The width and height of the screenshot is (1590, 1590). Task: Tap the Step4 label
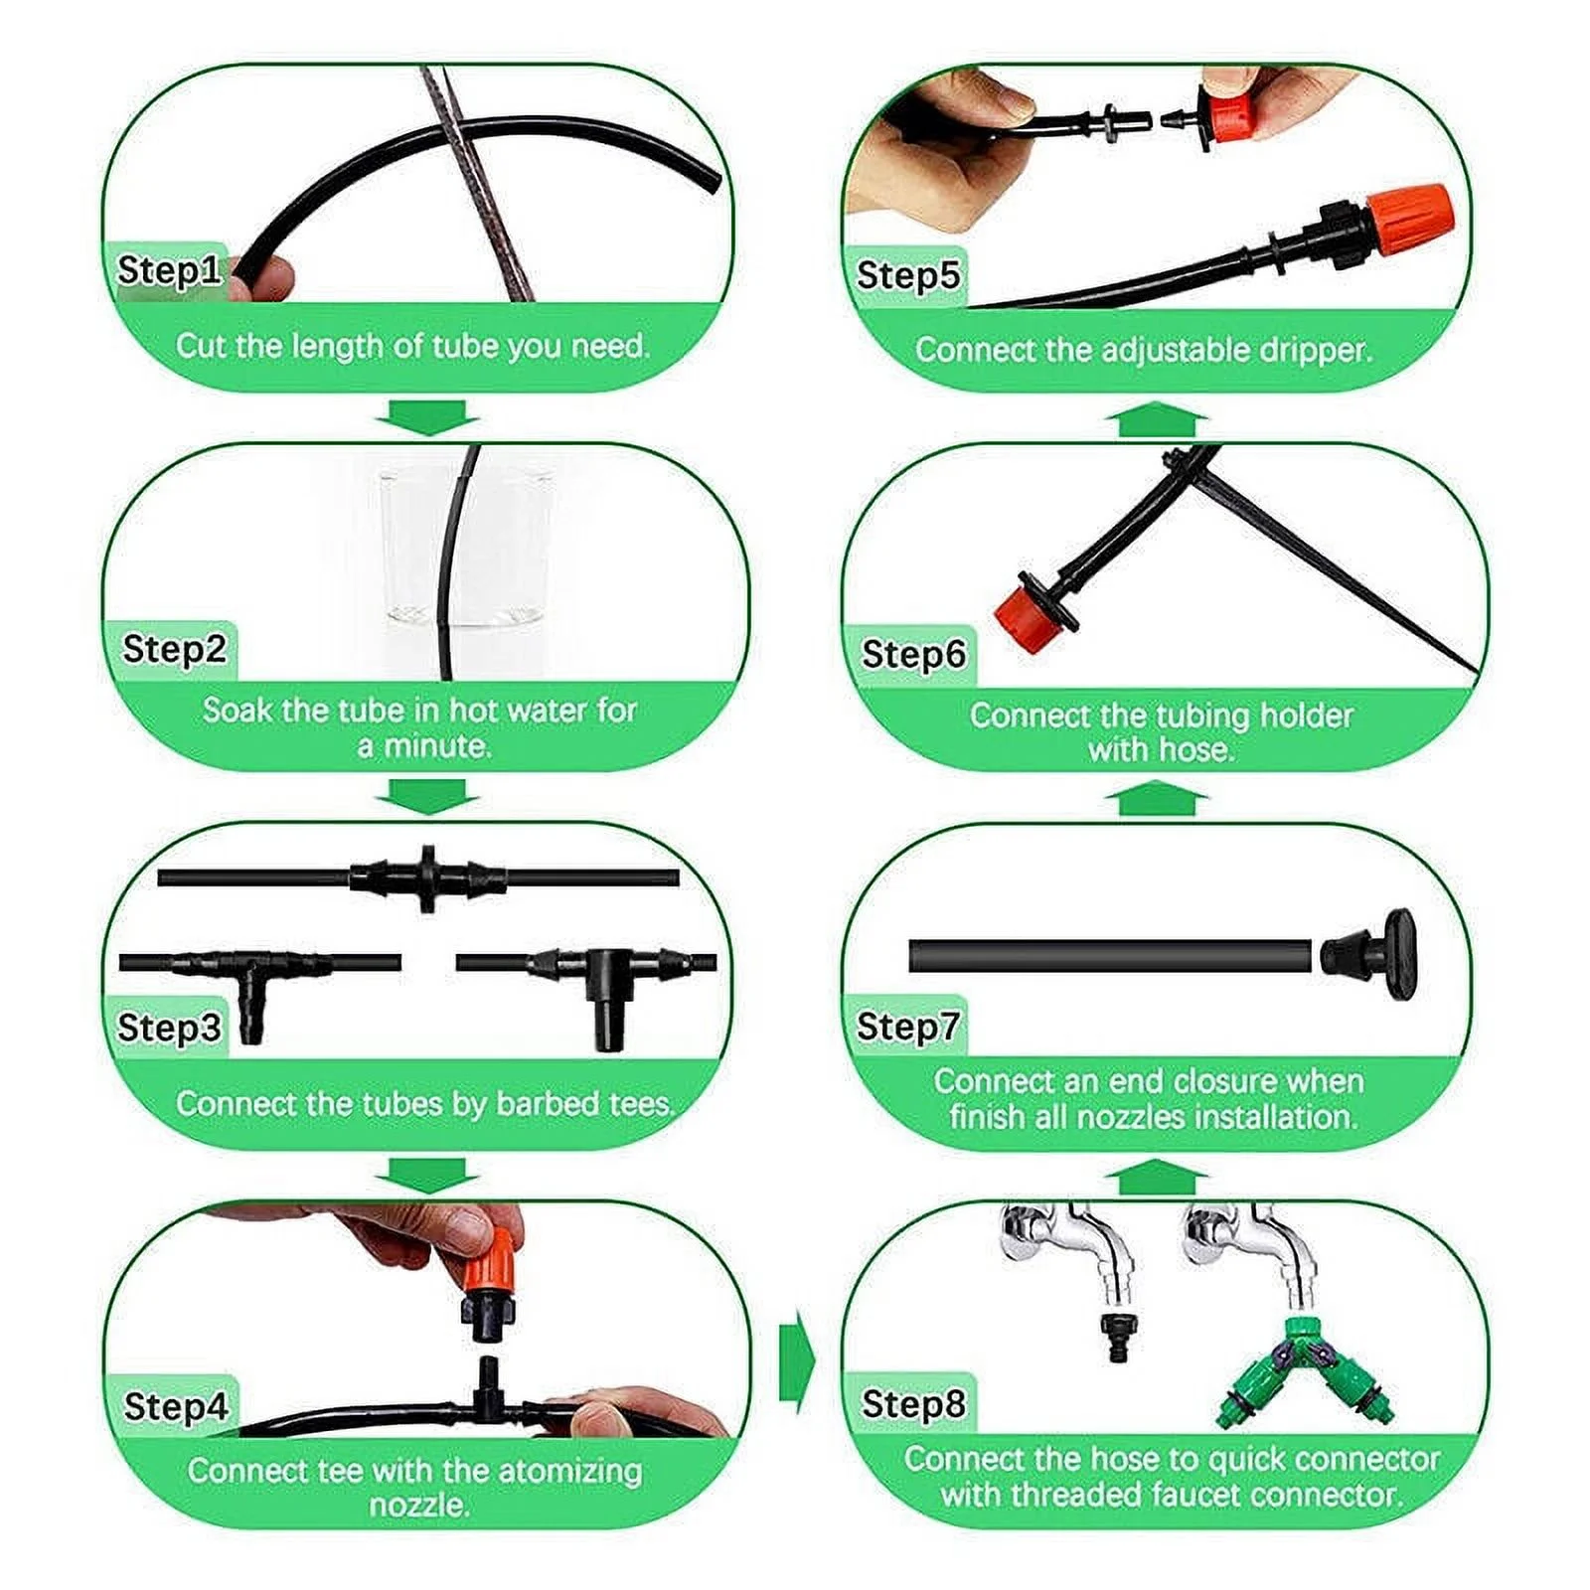175,1406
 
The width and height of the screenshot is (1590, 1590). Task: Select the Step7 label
907,1026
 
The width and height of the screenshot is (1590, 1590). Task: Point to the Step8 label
912,1403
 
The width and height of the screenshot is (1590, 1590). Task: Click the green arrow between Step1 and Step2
427,416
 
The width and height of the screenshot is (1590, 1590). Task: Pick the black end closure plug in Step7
1371,943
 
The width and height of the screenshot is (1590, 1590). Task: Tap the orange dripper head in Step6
1024,617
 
